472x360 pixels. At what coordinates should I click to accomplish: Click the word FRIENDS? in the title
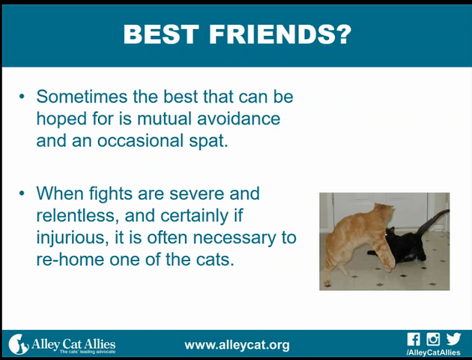[x=280, y=34]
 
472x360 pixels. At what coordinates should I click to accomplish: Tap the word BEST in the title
[x=161, y=34]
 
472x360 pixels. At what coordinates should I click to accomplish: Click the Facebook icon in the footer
[x=414, y=339]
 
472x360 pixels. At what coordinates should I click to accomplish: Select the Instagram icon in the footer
[x=433, y=339]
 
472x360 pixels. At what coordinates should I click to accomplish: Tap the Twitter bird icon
[x=453, y=339]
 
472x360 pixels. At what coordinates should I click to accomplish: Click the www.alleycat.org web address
[x=237, y=345]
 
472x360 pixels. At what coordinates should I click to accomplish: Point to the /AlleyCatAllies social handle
[x=434, y=352]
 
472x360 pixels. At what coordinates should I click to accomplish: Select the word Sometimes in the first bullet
[x=82, y=97]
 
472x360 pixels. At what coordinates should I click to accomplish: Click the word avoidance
[x=239, y=118]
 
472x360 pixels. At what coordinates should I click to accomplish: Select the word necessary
[x=235, y=238]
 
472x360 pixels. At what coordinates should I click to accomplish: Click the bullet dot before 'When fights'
[x=22, y=193]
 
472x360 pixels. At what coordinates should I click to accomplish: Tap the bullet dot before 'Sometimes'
[x=22, y=97]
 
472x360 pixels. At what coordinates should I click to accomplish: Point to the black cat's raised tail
[x=433, y=222]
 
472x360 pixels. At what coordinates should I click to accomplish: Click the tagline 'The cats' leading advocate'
[x=88, y=352]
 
